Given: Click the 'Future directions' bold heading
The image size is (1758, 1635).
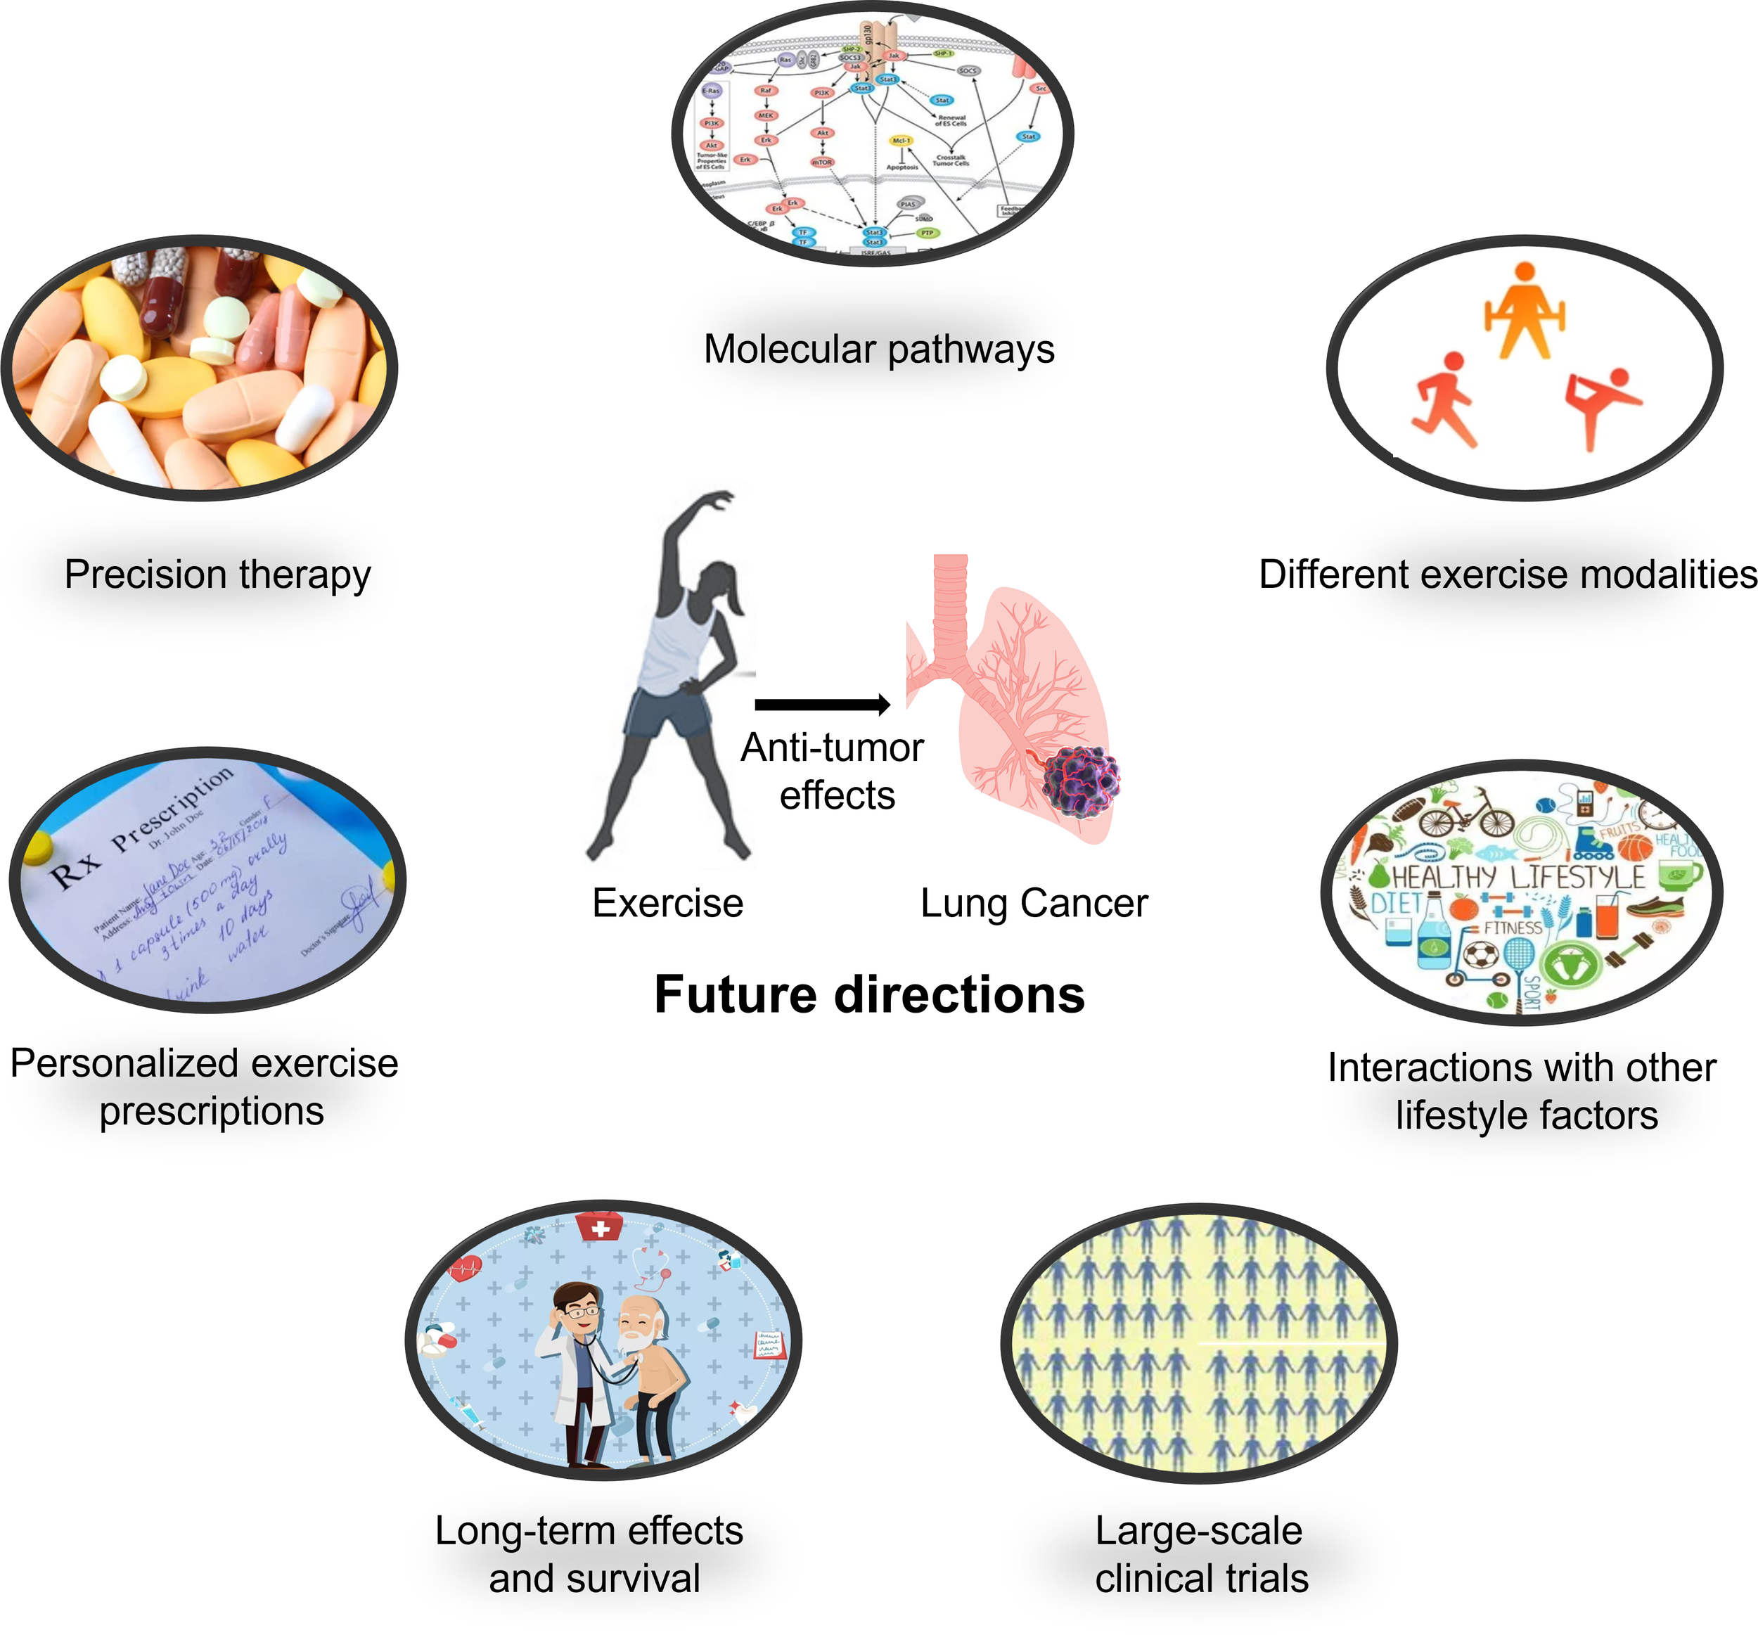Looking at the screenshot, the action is click(x=869, y=995).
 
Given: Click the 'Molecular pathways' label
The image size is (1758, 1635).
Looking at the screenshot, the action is click(x=879, y=350).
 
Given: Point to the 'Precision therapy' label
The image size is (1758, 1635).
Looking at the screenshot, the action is click(x=217, y=575).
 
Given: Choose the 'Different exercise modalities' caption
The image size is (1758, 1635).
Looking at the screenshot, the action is click(x=1507, y=575).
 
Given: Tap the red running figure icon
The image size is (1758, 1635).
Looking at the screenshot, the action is click(x=1443, y=398).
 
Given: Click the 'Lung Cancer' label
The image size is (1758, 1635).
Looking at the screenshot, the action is click(x=1034, y=904).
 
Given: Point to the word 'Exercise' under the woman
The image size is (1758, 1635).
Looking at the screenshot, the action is click(x=667, y=904).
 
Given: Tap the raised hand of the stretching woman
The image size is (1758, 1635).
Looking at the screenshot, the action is click(x=718, y=499).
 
